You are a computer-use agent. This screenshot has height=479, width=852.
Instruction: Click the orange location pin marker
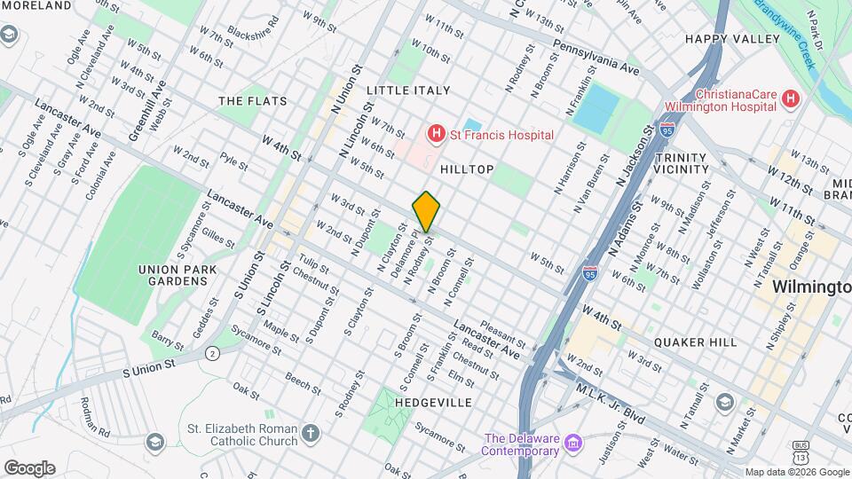tap(426, 211)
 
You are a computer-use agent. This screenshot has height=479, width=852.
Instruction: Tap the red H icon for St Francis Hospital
tap(436, 135)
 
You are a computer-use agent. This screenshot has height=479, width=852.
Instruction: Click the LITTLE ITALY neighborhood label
tap(408, 90)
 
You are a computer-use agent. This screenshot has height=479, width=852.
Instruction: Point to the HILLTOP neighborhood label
tap(461, 169)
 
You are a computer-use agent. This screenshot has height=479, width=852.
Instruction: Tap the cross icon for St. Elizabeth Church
tap(309, 434)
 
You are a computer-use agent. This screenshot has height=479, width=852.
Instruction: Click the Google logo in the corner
tap(29, 468)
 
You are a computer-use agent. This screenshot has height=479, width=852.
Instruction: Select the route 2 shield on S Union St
tap(211, 353)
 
